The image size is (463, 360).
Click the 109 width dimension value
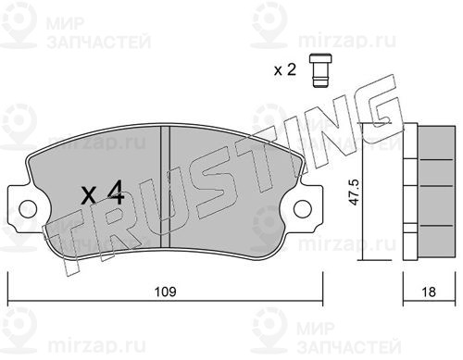pos(166,292)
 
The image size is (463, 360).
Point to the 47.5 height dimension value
pos(355,192)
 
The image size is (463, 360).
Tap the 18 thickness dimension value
pos(429,292)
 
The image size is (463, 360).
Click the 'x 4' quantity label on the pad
pos(103,192)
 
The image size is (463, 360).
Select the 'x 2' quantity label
pos(285,70)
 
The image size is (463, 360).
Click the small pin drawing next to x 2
pos(320,70)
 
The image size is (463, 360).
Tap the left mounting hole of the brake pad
pos(28,209)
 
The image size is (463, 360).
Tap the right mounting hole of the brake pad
pos(303,209)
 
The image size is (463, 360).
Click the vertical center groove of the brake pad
pos(166,187)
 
